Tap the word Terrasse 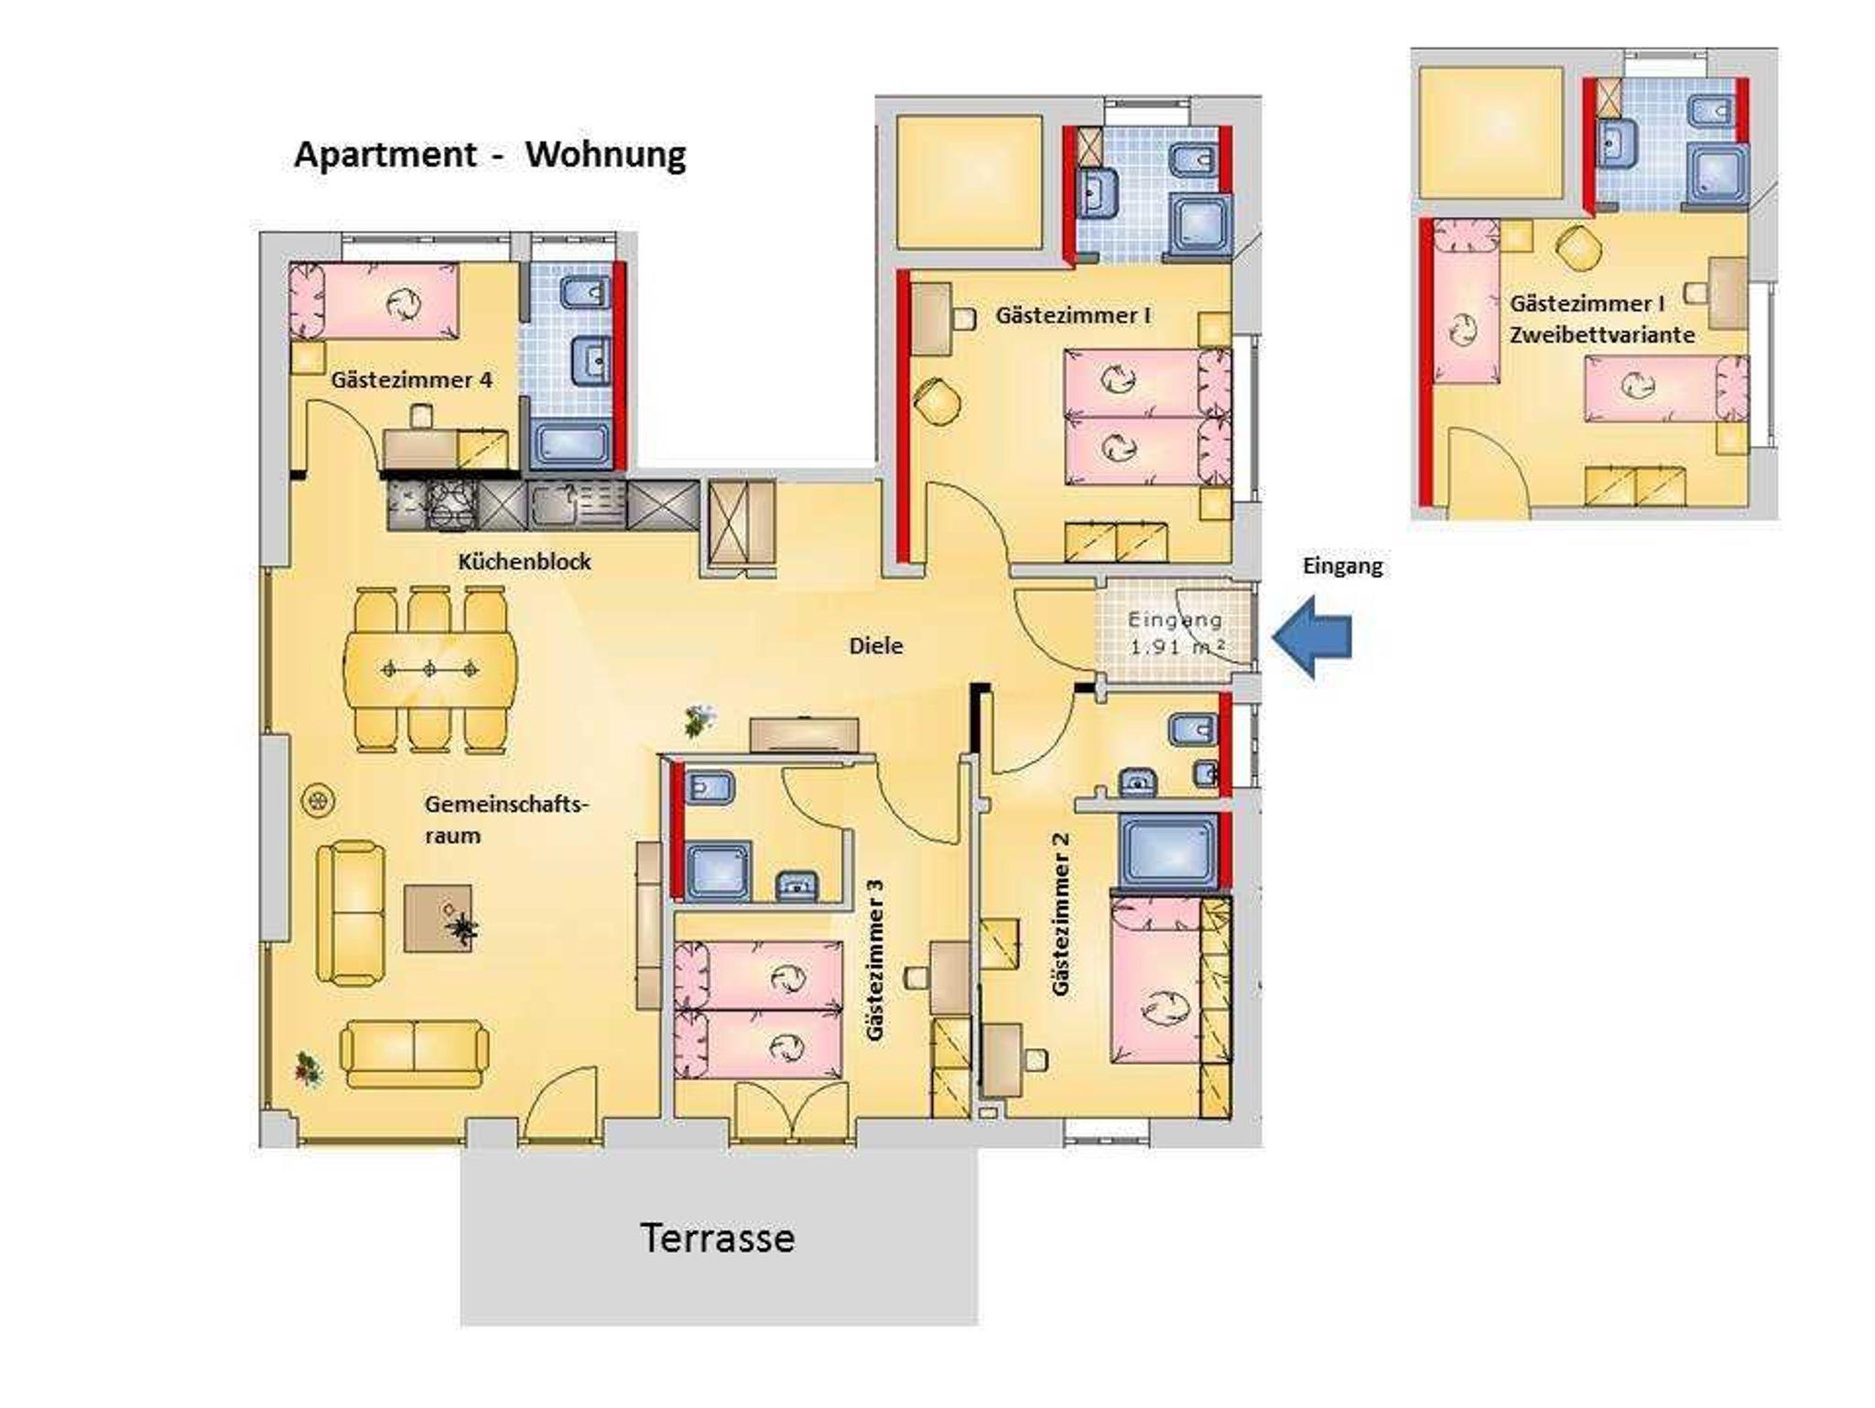717,1238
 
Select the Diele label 876,645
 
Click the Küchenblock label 525,561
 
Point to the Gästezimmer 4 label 412,379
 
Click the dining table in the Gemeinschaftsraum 429,669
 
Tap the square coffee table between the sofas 439,918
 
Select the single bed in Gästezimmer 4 374,300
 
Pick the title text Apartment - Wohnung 490,154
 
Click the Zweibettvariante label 1602,335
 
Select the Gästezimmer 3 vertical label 876,959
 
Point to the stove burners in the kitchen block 452,506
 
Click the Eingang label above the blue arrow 1342,567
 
